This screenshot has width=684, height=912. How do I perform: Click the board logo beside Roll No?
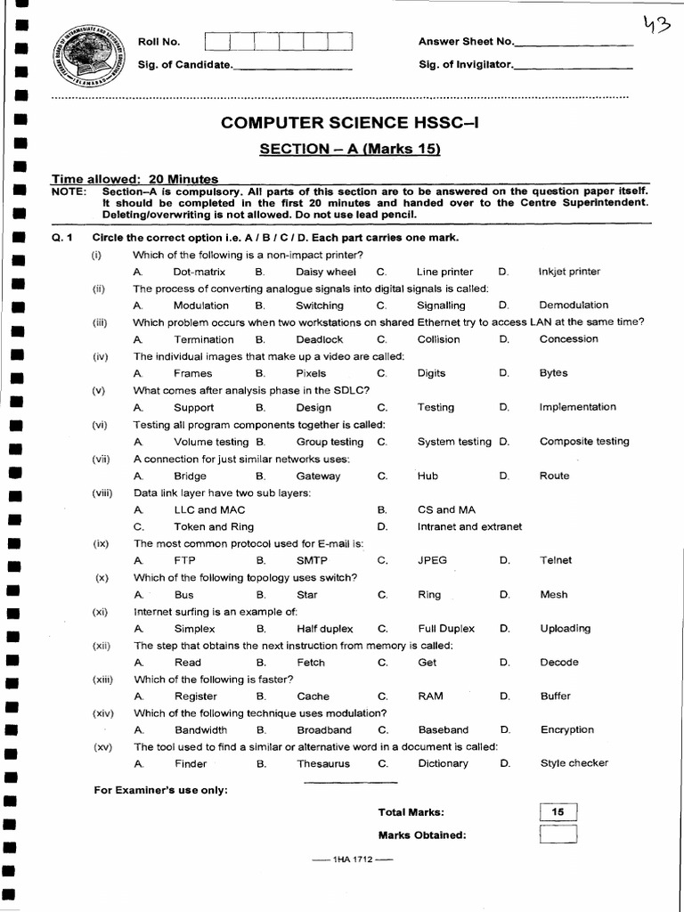coord(86,53)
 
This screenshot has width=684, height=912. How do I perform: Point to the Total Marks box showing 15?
coord(558,812)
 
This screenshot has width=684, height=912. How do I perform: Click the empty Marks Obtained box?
coord(558,835)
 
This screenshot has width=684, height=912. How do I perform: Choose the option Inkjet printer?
coord(569,272)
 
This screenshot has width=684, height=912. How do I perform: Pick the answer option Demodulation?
coord(574,305)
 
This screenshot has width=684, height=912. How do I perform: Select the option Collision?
coord(438,339)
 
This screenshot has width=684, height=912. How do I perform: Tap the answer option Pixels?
coord(311,374)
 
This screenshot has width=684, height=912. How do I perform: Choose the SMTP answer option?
coord(312,561)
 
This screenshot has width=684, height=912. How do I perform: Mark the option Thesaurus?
coord(323,764)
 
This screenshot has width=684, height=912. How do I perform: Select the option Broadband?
coord(324,730)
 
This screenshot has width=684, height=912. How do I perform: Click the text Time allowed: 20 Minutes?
coord(134,179)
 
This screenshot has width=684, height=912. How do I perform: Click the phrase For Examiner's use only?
coord(160,790)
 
